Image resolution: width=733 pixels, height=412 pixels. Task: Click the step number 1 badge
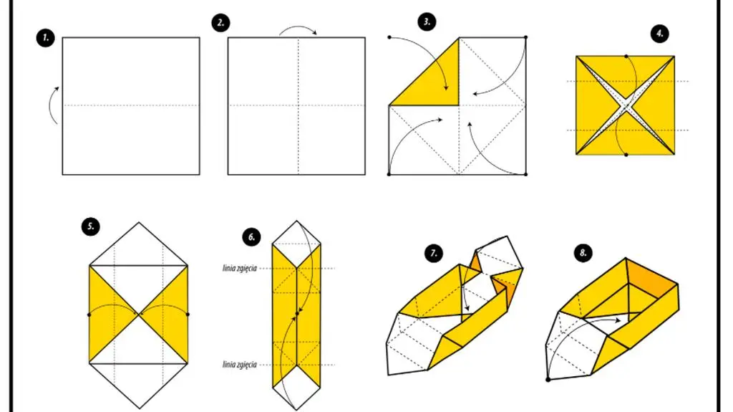45,38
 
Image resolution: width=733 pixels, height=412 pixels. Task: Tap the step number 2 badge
220,23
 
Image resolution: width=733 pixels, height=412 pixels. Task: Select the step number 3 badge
427,22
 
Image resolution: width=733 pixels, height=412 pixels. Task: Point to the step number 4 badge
659,34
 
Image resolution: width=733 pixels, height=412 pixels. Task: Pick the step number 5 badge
90,226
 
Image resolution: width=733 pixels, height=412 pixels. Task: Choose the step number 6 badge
251,237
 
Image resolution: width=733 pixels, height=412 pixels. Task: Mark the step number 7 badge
434,253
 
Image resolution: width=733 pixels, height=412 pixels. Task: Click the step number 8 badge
583,253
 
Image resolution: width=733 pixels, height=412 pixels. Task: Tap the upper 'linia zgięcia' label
239,269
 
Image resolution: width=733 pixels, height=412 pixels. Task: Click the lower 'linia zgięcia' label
239,365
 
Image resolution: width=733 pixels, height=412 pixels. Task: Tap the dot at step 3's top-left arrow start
389,37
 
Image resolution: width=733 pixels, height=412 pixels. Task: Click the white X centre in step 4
626,105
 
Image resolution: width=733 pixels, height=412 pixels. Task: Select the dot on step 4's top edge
626,56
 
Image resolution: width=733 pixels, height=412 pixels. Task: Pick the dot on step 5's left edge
89,315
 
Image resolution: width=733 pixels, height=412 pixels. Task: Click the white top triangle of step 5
138,244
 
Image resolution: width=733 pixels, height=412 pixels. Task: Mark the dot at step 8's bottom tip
548,380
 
